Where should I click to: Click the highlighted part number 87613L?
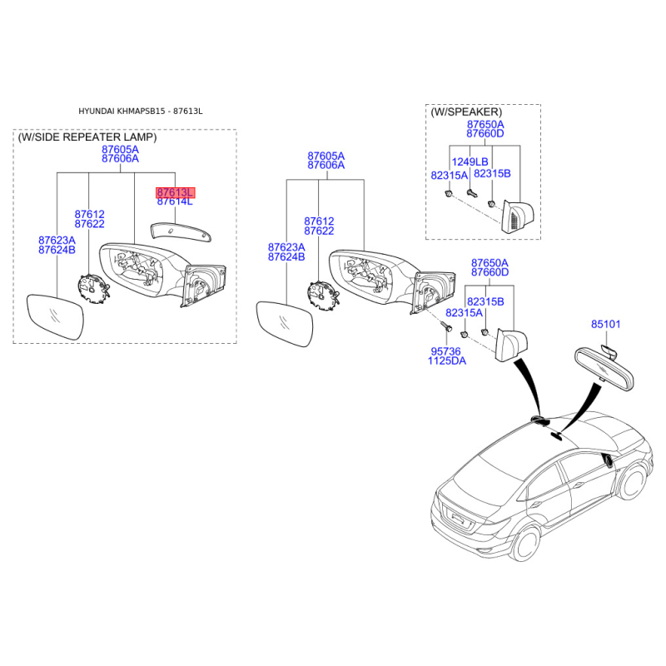(175, 192)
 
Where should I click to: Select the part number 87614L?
(175, 201)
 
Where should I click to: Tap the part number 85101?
(606, 324)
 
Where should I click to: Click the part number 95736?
(445, 351)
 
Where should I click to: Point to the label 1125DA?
(446, 361)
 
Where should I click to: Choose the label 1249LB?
(470, 162)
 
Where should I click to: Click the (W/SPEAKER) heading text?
(466, 112)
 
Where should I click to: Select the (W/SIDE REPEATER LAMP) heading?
(87, 137)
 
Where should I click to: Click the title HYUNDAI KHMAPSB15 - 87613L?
(141, 112)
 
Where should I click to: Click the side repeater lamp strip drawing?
(181, 231)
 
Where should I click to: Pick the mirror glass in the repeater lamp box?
(55, 316)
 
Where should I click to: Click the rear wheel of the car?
(527, 544)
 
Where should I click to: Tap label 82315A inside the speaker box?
(449, 176)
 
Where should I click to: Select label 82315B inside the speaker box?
(492, 174)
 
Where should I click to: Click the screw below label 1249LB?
(471, 193)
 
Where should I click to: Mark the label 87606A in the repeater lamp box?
(120, 159)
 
